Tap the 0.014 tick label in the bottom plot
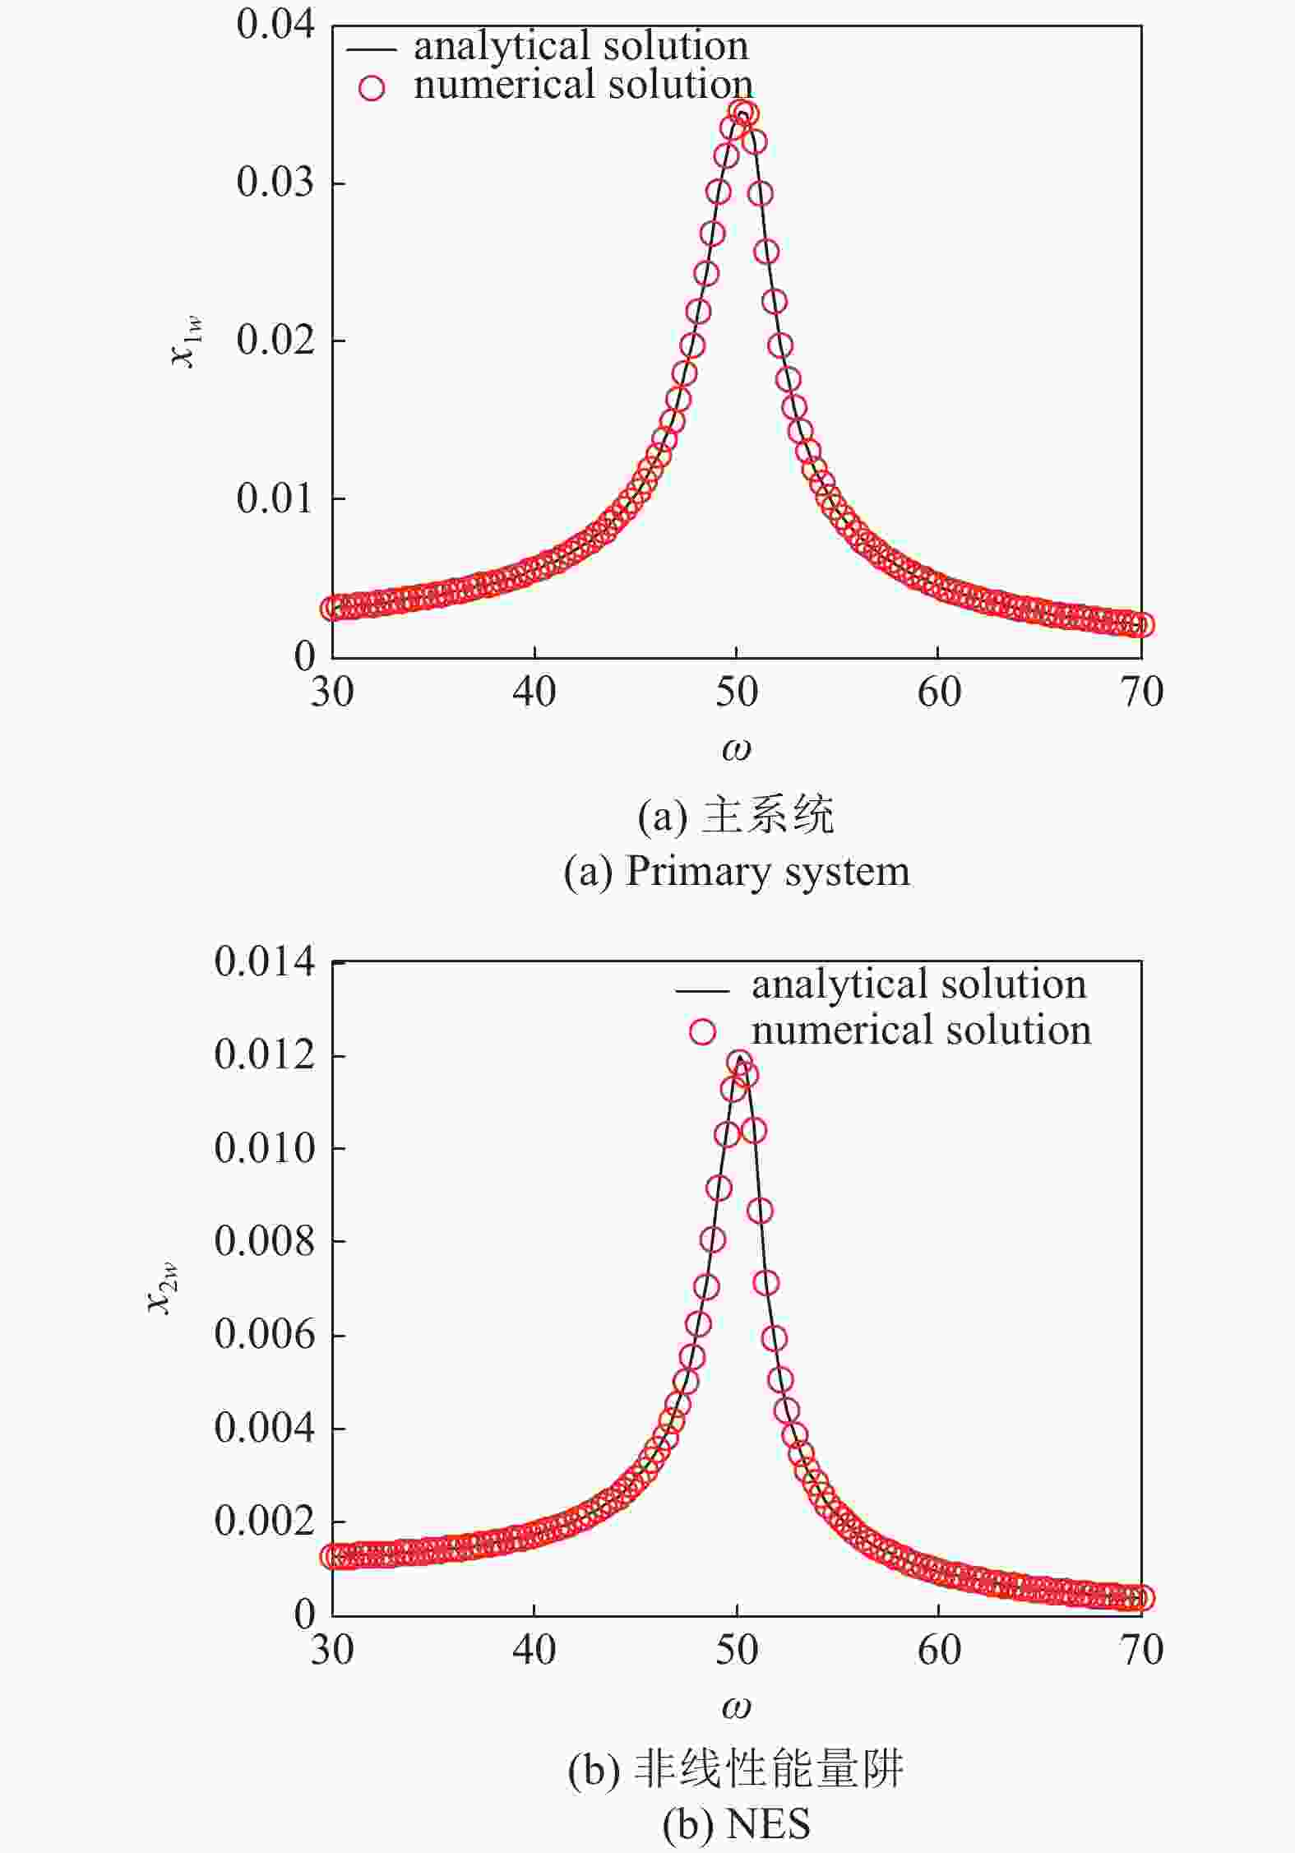pos(264,961)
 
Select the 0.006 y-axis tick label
pos(264,1334)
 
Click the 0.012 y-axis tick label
pos(264,1054)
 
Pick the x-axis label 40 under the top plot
pos(534,692)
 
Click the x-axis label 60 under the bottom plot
pos(939,1649)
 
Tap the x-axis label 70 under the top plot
pos(1142,692)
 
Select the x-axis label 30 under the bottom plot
pos(332,1649)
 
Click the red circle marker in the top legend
pos(372,87)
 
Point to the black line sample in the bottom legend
pos(701,989)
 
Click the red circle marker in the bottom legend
pos(702,1031)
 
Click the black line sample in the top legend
pos(372,49)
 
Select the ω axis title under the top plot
pos(736,749)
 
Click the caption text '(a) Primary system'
pos(737,871)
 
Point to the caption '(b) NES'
pos(737,1823)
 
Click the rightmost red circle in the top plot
pos(1142,625)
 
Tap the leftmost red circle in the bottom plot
pos(332,1556)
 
